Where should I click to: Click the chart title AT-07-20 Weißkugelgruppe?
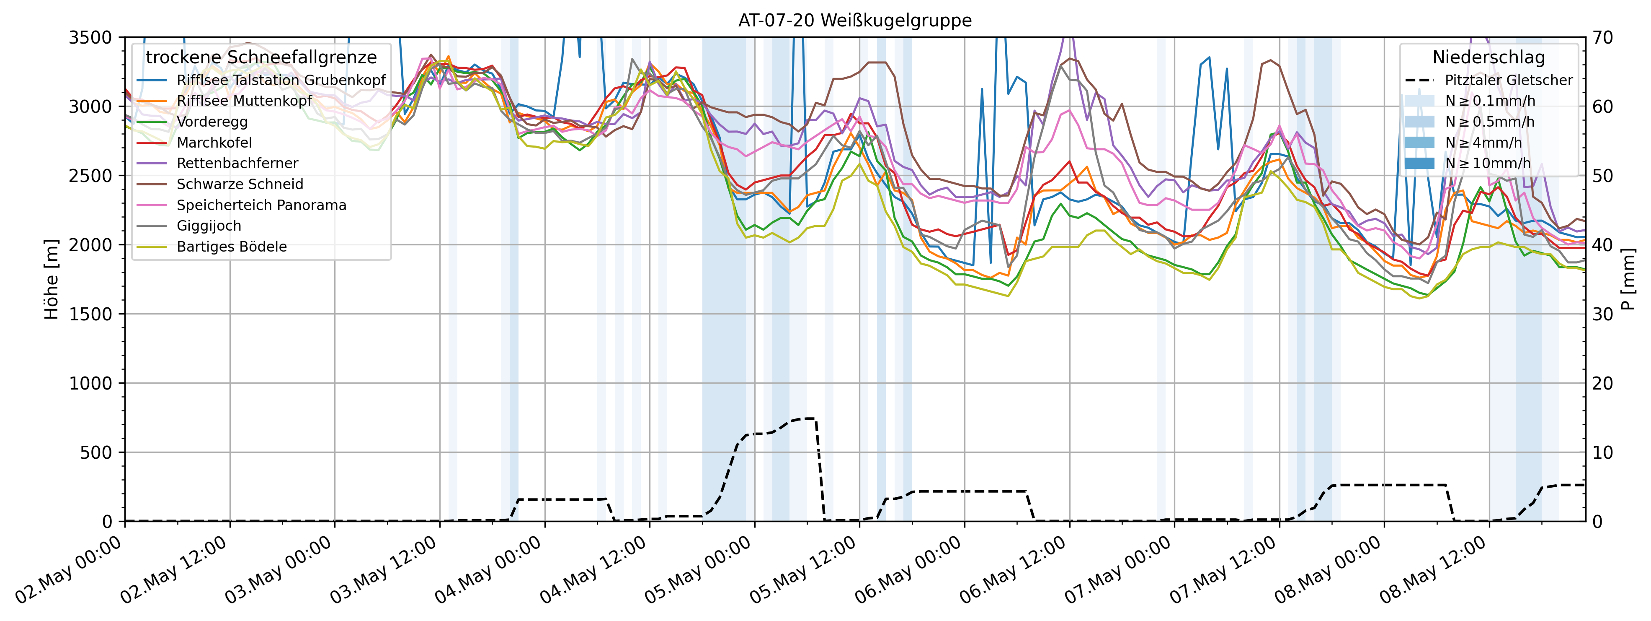[854, 21]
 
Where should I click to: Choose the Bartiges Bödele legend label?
[231, 247]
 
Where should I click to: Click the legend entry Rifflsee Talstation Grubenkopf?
[281, 80]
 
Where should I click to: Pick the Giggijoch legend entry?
[209, 226]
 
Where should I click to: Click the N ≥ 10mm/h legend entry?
[1487, 164]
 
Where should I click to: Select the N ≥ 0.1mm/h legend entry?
[1489, 101]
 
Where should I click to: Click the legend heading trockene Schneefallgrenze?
[261, 57]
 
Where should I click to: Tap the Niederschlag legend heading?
[1488, 57]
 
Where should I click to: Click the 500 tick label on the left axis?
[98, 453]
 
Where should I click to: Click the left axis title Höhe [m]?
[51, 279]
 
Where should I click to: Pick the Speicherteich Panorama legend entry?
[261, 205]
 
